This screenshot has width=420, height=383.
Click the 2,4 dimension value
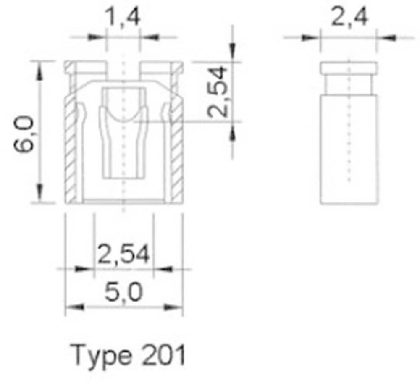coord(349,18)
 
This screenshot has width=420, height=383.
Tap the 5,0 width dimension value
coord(123,292)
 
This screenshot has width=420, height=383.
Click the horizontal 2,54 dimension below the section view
coord(123,255)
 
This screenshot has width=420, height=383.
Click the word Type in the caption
coord(100,355)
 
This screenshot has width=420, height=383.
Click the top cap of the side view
coord(349,68)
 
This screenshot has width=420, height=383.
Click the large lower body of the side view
coord(349,149)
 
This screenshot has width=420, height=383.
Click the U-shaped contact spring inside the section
coord(123,126)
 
